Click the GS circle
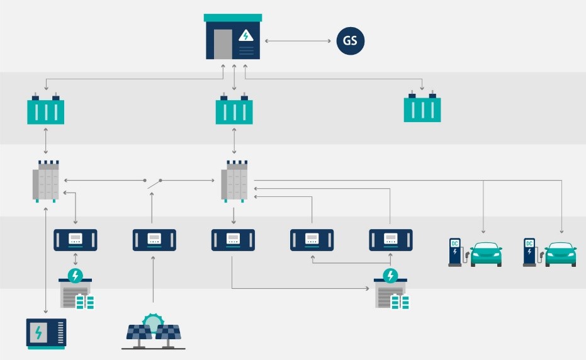350,42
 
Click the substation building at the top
234,38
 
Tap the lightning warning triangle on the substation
245,37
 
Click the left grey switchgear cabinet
47,182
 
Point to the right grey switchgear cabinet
234,182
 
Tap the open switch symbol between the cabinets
154,183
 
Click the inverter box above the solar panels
154,240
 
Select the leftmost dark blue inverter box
76,240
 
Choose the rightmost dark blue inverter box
390,240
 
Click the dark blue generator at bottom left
46,333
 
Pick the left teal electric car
487,254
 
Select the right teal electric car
561,254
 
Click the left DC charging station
455,252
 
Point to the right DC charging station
529,252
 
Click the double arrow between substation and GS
298,42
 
